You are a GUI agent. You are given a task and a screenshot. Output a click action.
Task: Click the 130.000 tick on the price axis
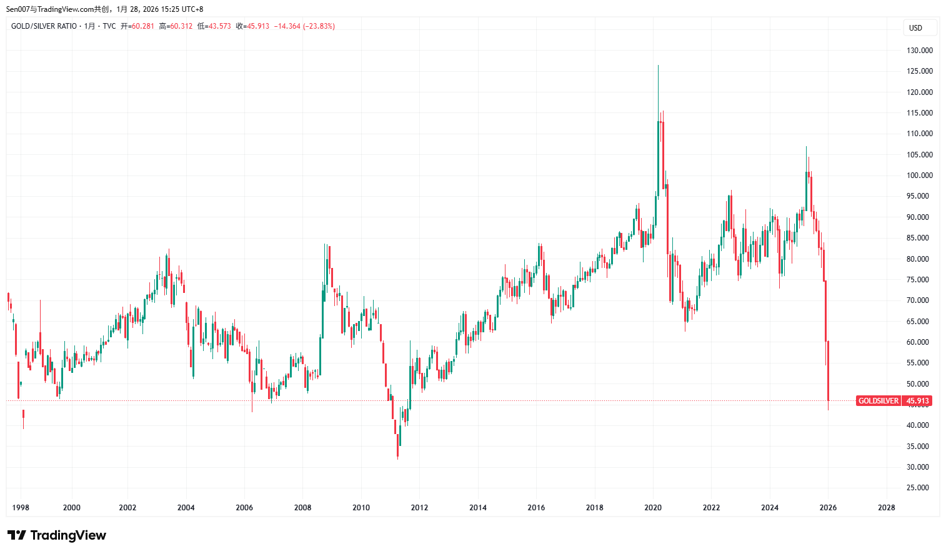click(919, 51)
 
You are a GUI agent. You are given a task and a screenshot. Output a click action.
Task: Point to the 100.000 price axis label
click(919, 176)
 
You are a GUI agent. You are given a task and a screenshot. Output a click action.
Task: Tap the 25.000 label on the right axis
click(919, 488)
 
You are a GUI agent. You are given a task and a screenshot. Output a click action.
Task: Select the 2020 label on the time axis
click(653, 508)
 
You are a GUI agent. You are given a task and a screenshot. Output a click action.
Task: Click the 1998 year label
click(21, 508)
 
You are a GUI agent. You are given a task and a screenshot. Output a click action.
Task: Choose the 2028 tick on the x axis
click(886, 508)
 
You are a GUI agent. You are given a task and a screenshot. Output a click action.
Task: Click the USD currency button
click(916, 28)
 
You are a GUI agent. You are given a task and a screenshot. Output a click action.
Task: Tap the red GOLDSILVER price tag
click(878, 401)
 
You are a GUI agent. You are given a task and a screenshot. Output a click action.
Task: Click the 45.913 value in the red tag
click(917, 401)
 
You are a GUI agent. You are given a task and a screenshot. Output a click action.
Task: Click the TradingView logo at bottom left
click(56, 535)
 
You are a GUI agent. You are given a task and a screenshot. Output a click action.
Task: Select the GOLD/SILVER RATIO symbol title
click(44, 26)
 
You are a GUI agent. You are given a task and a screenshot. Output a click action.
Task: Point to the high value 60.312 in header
click(181, 26)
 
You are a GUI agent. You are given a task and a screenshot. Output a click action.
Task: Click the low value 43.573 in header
click(219, 26)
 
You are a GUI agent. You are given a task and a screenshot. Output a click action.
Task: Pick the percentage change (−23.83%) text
click(319, 26)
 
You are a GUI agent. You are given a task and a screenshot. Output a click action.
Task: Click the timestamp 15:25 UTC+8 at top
click(181, 9)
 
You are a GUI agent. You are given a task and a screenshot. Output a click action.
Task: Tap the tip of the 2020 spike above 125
click(658, 66)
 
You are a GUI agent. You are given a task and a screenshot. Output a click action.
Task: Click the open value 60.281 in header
click(142, 26)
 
